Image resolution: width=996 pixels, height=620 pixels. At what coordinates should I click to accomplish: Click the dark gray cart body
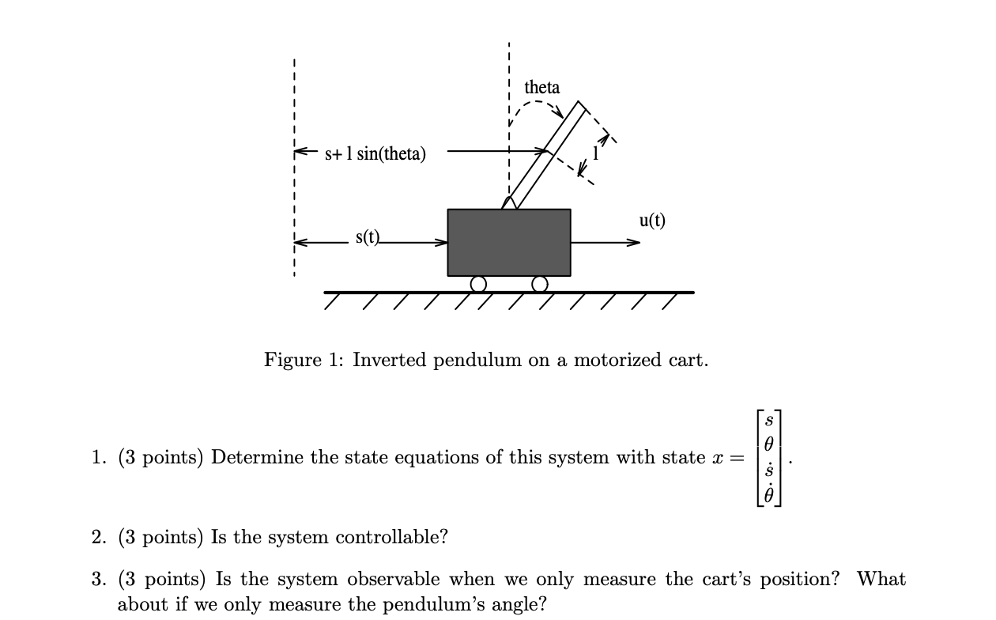[x=509, y=242]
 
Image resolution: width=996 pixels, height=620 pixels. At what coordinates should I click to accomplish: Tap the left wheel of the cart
[x=477, y=283]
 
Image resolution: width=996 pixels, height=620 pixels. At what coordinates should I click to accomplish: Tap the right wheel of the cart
[x=540, y=283]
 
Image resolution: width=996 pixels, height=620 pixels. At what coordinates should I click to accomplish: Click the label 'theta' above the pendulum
[x=541, y=87]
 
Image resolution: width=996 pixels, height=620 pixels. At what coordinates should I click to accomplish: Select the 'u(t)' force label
[x=652, y=221]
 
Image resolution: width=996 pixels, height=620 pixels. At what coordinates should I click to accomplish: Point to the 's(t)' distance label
[x=368, y=236]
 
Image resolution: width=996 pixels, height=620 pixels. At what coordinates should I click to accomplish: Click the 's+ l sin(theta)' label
[x=375, y=153]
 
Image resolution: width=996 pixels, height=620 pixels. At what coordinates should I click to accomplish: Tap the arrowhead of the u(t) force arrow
[x=634, y=242]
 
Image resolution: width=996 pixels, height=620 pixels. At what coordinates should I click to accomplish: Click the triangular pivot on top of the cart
[x=510, y=202]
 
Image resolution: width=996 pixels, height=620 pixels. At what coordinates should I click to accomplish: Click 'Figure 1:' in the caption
[x=304, y=361]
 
